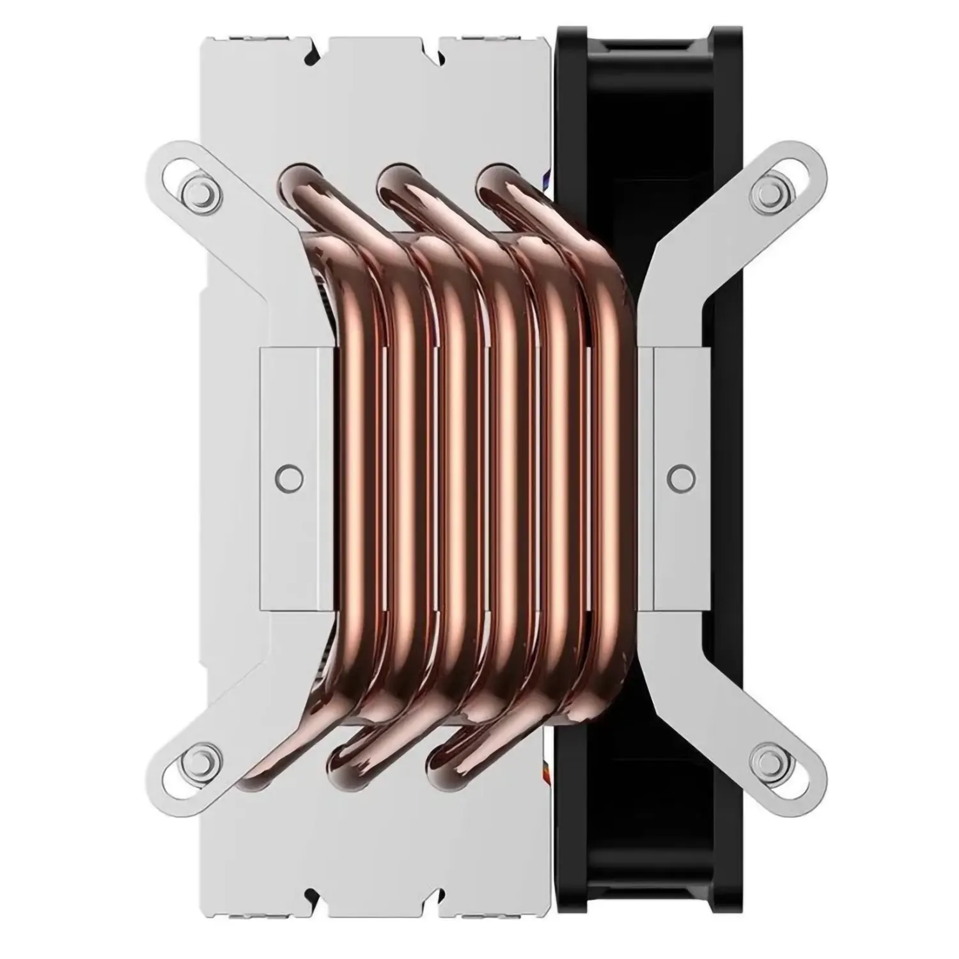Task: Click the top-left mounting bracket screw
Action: click(196, 190)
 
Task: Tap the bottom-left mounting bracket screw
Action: click(196, 760)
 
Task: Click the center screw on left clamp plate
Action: click(290, 476)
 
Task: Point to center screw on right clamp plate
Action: click(679, 476)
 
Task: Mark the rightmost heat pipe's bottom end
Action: click(448, 761)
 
